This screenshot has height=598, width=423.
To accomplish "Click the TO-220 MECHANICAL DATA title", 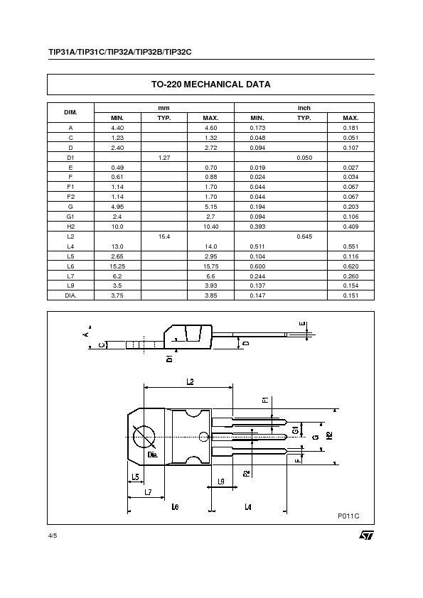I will (x=210, y=84).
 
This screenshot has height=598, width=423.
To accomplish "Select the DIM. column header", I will (x=70, y=112).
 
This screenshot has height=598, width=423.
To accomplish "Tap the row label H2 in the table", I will (x=70, y=226).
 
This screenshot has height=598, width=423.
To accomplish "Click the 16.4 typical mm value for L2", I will (x=164, y=235).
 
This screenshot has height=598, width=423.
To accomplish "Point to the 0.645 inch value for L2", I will (x=304, y=235).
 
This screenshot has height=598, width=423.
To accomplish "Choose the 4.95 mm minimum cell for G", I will (x=117, y=206).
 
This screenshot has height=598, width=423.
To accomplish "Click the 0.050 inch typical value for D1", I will (x=304, y=156).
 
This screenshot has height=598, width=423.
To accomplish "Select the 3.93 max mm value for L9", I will (x=210, y=285).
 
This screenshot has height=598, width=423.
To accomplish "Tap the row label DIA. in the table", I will (x=70, y=295).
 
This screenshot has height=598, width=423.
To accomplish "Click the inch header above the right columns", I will (x=304, y=108).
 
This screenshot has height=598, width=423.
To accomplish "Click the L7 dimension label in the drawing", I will (x=147, y=491).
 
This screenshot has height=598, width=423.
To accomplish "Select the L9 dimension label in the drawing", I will (x=220, y=482).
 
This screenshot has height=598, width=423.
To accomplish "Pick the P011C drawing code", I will (x=348, y=516).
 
